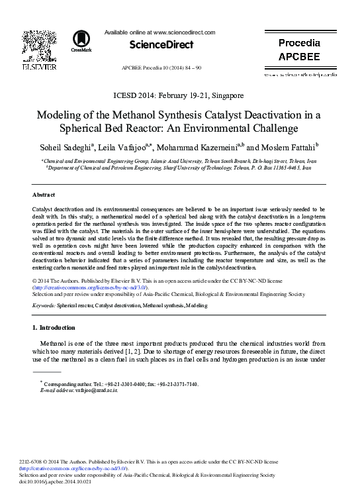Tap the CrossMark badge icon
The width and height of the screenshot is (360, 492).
click(81, 41)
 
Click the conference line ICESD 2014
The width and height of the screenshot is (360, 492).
click(179, 95)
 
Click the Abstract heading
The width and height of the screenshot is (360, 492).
click(44, 195)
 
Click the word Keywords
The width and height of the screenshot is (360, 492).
click(44, 306)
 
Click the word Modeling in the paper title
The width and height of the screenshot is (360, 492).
click(64, 113)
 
